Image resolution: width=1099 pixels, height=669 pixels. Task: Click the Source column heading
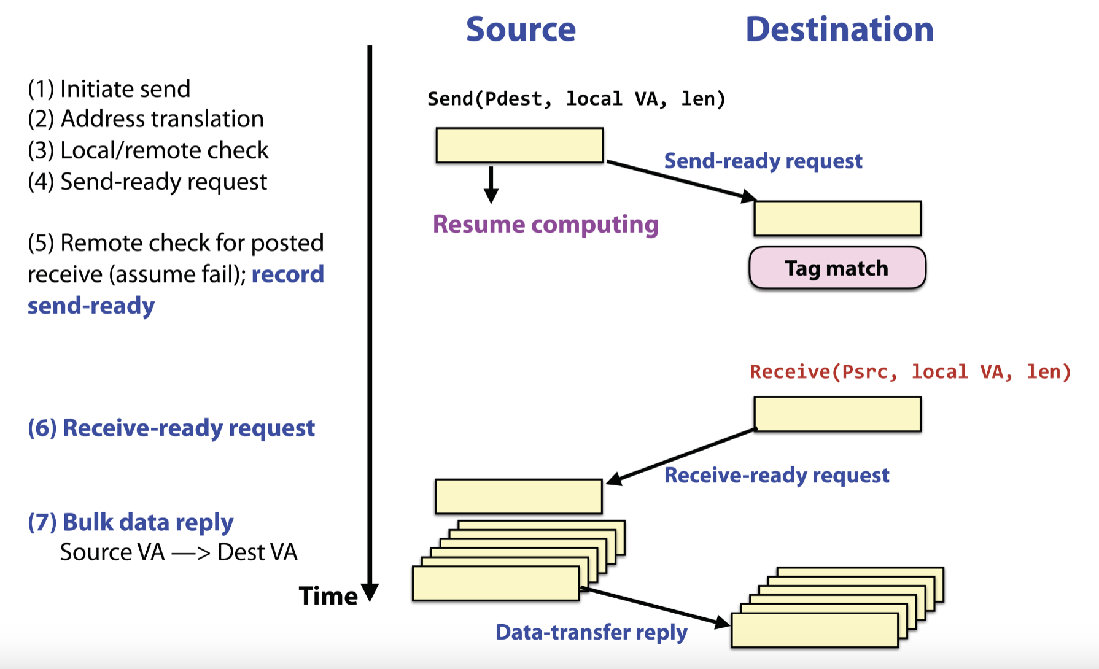[521, 29]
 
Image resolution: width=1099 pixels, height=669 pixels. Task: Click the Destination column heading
[839, 29]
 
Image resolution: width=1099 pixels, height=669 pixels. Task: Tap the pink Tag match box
[837, 268]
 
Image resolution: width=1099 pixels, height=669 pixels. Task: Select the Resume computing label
[545, 224]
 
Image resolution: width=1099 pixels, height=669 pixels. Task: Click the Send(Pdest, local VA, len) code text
[577, 99]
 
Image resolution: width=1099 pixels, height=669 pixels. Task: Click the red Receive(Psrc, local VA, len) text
[911, 372]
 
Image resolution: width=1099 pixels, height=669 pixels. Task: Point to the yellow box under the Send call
[519, 145]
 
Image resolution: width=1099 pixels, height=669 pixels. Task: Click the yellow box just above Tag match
[837, 218]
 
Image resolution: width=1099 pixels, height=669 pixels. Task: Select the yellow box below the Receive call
[837, 414]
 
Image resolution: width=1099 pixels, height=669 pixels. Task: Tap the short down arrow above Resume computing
[491, 184]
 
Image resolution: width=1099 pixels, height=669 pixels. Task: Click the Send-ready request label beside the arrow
[763, 161]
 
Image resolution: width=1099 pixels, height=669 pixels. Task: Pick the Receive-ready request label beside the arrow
[777, 475]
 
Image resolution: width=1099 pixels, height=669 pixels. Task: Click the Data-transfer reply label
[591, 632]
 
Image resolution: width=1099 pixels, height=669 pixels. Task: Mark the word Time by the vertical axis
[328, 596]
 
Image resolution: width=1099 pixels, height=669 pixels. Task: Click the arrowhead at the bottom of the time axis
[370, 593]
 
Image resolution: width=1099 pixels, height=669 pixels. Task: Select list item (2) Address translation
[146, 119]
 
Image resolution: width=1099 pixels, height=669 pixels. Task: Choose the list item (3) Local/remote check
[148, 150]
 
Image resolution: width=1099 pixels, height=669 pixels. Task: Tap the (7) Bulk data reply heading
[131, 522]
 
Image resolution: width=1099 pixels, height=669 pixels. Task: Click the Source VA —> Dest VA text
[179, 552]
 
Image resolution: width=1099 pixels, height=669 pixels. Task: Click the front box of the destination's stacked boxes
[814, 630]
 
